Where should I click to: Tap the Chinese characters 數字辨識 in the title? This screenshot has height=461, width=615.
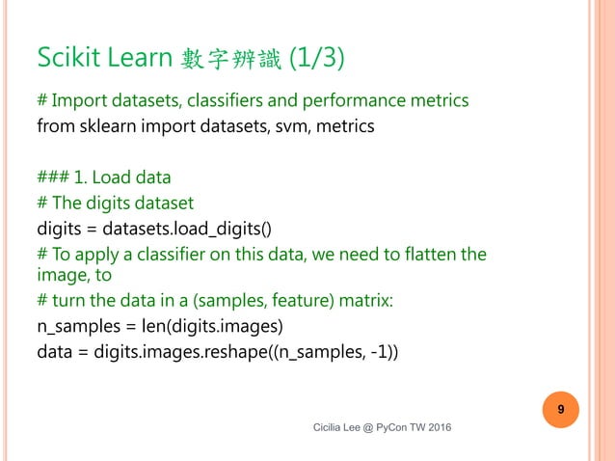pyautogui.click(x=230, y=60)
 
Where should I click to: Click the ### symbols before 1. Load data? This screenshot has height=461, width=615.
pyautogui.click(x=56, y=177)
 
